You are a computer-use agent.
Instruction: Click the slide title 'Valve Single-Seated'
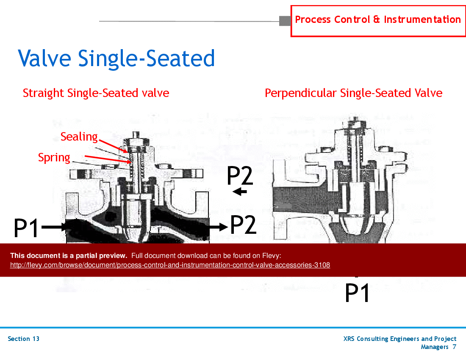pyautogui.click(x=116, y=58)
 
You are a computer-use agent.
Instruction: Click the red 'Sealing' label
pyautogui.click(x=79, y=137)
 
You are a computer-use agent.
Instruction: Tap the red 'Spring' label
pyautogui.click(x=54, y=158)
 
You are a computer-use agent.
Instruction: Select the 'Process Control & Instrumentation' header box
pyautogui.click(x=377, y=20)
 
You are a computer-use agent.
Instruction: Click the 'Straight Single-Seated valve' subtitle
pyautogui.click(x=96, y=93)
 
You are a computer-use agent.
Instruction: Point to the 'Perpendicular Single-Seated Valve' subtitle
pyautogui.click(x=353, y=93)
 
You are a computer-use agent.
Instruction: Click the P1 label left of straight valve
pyautogui.click(x=26, y=228)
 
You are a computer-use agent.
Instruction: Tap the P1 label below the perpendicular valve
pyautogui.click(x=357, y=293)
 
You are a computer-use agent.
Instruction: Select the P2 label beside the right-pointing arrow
pyautogui.click(x=243, y=225)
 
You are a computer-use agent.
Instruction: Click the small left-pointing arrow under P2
pyautogui.click(x=240, y=192)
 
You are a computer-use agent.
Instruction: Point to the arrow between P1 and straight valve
pyautogui.click(x=54, y=227)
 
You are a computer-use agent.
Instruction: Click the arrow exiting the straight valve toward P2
pyautogui.click(x=218, y=227)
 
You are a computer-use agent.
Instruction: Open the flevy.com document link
pyautogui.click(x=170, y=265)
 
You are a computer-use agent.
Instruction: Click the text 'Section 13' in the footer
pyautogui.click(x=24, y=339)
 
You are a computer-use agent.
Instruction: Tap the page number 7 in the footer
pyautogui.click(x=454, y=347)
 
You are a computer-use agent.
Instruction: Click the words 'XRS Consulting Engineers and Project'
pyautogui.click(x=400, y=339)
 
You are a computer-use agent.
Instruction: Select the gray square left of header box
pyautogui.click(x=285, y=20)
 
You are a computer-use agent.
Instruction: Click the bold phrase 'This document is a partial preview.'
pyautogui.click(x=69, y=255)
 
